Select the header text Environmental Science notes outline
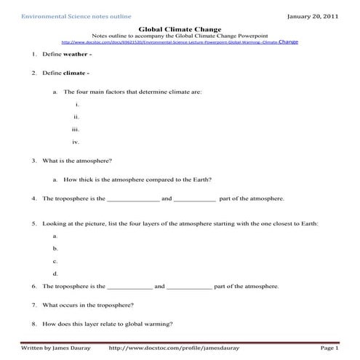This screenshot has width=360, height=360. (65, 15)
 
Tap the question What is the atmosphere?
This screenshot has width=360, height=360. (77, 160)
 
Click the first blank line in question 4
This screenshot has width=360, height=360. (133, 199)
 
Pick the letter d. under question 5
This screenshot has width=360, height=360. (56, 273)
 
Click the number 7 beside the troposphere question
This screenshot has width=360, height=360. (34, 305)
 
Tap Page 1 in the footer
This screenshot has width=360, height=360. (328, 349)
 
